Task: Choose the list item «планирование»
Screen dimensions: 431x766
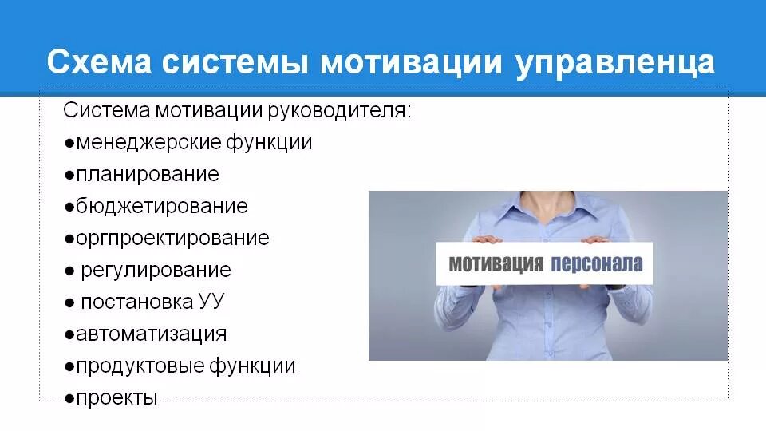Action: [147, 174]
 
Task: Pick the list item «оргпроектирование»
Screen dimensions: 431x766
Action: [172, 238]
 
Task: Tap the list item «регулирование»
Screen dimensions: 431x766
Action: [156, 270]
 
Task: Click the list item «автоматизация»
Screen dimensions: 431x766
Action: [151, 334]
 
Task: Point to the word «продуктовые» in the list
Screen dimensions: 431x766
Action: [140, 366]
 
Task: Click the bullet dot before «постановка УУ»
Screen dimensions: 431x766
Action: [70, 302]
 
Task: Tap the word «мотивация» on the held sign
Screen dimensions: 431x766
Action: [495, 263]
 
